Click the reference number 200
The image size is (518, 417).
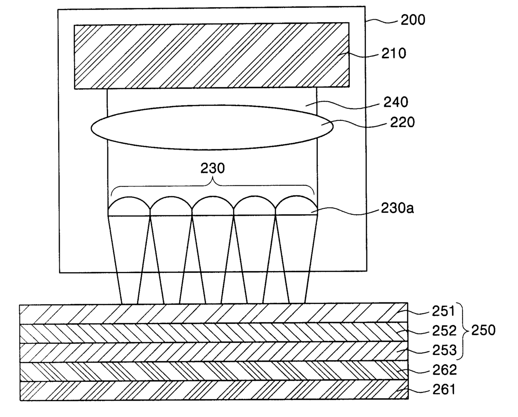[x=412, y=20]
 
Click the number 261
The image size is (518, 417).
[x=443, y=390]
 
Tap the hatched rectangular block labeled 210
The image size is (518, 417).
[x=212, y=55]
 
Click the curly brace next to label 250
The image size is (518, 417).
[x=462, y=330]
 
